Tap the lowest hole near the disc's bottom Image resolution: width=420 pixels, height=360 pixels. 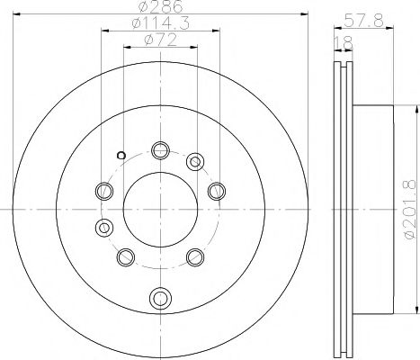pos(160,297)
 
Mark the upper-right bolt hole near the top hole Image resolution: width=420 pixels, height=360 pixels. pos(194,163)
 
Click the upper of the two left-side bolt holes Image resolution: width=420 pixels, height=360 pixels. pos(103,190)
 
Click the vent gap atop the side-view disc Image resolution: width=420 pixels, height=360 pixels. pos(343,67)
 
